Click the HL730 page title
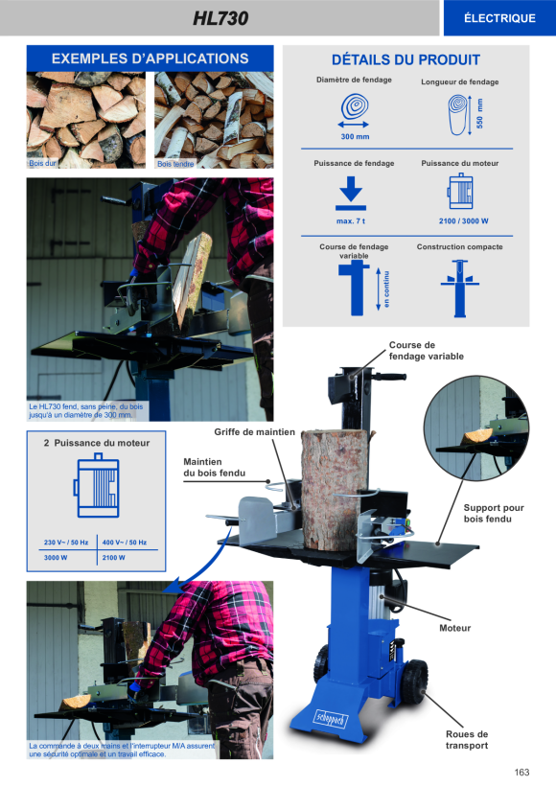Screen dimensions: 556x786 220,18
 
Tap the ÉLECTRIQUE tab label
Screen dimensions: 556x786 499,18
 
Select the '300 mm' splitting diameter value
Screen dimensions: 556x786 355,136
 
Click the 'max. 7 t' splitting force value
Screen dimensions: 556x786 351,221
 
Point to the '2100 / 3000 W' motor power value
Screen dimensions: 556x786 463,221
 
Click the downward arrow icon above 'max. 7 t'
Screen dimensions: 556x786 351,193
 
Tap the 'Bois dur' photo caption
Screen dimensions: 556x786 42,163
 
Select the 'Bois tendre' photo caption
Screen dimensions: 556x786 175,164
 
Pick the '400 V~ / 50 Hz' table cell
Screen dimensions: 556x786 125,543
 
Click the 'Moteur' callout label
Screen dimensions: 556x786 454,628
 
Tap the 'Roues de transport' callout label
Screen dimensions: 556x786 467,740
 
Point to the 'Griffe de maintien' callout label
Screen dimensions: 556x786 254,432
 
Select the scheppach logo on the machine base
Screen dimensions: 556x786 331,719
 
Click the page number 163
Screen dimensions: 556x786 521,773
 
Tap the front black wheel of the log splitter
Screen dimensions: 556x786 414,681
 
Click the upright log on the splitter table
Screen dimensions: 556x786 334,490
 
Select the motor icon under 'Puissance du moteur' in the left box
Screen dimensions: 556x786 96,485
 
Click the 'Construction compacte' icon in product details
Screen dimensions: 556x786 460,289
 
